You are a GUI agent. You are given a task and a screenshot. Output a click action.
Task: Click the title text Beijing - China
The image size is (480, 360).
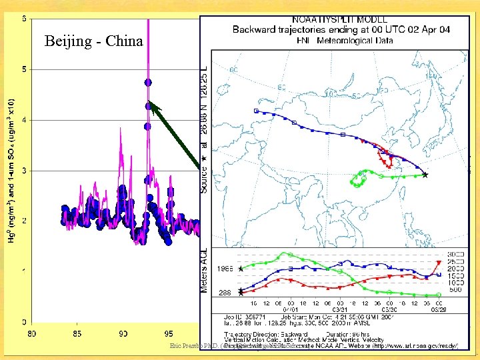[x=93, y=41]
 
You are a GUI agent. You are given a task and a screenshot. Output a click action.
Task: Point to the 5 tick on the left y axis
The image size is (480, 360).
[x=25, y=69]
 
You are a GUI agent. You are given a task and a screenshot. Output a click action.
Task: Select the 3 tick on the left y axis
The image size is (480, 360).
[x=25, y=171]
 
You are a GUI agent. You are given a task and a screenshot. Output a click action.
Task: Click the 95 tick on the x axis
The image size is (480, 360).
[x=169, y=333]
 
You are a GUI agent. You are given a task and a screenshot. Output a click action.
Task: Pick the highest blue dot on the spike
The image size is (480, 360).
[x=148, y=82]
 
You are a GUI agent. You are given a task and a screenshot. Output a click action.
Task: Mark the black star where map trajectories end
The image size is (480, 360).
[x=425, y=175]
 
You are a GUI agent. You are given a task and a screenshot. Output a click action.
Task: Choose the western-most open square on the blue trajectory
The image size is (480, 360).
[x=256, y=111]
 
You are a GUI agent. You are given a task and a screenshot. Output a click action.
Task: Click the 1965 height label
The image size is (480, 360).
[x=225, y=269]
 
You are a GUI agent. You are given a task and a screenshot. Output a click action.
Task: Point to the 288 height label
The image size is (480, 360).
[x=225, y=293]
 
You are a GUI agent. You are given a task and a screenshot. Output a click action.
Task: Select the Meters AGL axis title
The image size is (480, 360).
[x=205, y=271]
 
